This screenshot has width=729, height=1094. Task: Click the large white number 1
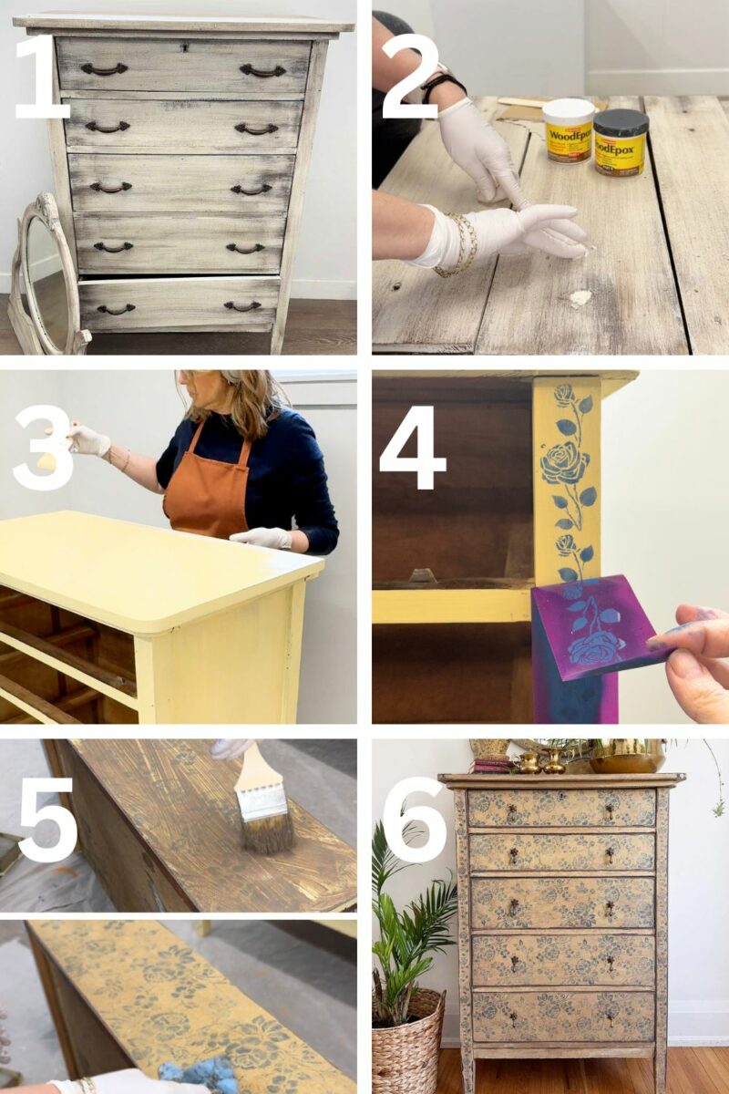[x=41, y=77]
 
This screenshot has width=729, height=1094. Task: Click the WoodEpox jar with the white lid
[x=568, y=129]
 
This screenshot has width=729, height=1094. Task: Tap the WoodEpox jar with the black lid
[x=621, y=141]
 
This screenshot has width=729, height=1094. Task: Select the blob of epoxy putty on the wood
[x=580, y=297]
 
